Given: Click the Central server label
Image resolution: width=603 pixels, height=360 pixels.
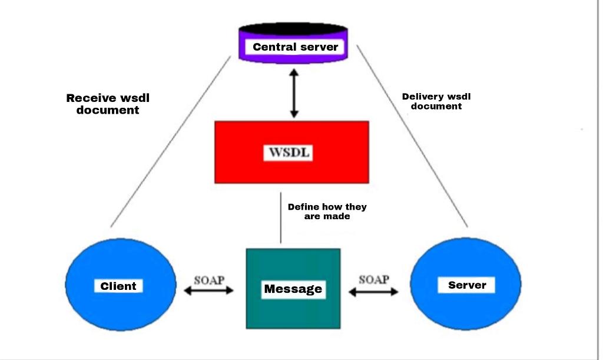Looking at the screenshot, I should point(295,47).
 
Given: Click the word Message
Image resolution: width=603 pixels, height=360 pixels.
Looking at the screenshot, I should point(293,289).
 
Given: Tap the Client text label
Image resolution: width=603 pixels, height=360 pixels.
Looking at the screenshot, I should point(118,286).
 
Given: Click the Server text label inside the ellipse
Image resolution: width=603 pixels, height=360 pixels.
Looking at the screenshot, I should point(467,285).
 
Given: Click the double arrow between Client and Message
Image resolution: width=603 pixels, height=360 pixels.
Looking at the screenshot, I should point(209,290).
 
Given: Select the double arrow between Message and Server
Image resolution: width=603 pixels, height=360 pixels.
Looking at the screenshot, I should point(374,290).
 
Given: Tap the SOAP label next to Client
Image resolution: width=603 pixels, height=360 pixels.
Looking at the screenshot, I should point(209,279).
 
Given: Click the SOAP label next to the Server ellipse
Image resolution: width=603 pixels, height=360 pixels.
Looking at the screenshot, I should point(374,279).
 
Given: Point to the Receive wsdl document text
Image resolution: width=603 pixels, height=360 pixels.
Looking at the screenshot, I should point(108,104).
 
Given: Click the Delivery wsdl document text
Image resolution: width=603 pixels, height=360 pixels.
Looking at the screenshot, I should point(436,101).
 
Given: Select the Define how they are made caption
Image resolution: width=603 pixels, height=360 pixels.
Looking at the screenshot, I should point(327,212).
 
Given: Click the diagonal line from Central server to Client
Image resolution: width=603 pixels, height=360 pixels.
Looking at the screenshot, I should point(171,141).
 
